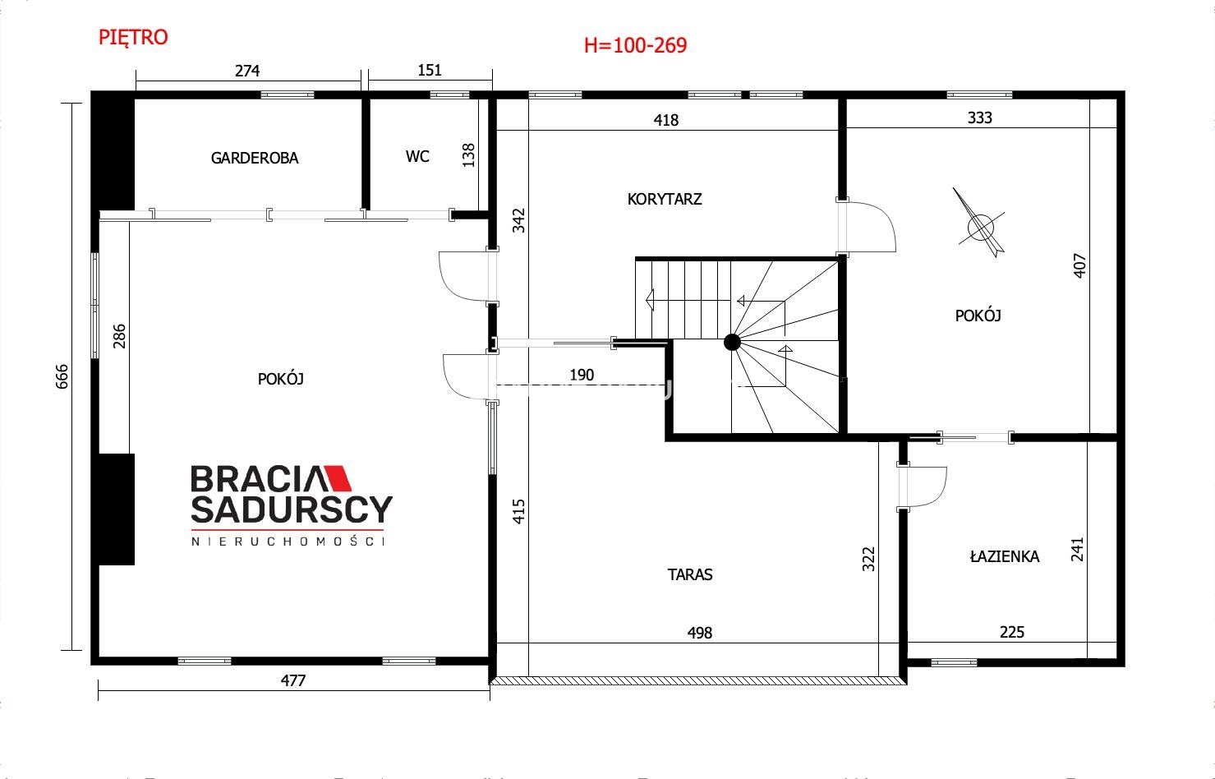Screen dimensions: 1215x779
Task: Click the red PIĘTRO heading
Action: (133, 38)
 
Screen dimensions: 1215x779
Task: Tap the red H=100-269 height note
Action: (635, 45)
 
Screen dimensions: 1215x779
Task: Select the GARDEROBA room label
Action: (255, 158)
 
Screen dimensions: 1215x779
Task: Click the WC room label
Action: (417, 156)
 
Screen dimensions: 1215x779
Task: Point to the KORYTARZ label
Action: (665, 199)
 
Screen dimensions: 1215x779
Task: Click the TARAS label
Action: (690, 574)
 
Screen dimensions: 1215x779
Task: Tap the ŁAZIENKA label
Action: (1005, 556)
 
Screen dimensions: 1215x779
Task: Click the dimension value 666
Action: (62, 376)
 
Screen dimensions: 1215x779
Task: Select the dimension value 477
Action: (293, 680)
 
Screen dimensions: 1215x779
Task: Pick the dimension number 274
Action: (246, 71)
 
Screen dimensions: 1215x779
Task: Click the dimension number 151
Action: (429, 70)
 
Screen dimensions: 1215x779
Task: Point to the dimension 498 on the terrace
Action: (699, 633)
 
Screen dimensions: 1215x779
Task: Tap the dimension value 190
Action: (582, 375)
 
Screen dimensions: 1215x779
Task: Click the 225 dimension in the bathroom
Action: (1011, 632)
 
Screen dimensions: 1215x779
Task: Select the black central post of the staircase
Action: (732, 343)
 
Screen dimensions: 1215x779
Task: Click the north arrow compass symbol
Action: (980, 223)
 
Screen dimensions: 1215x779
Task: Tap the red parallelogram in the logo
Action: (336, 477)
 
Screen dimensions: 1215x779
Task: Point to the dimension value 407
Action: (1079, 265)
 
